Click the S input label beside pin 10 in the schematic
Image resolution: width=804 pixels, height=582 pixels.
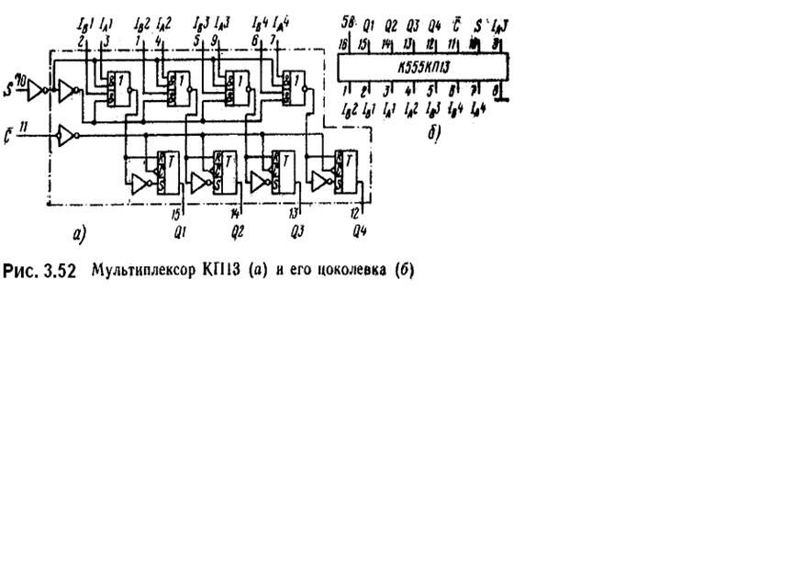(8, 89)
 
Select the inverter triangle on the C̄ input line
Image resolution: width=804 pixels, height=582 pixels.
(65, 136)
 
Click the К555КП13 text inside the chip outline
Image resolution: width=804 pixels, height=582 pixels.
(424, 68)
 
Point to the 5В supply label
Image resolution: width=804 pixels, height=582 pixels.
(346, 20)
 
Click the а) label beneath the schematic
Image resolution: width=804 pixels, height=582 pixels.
(75, 235)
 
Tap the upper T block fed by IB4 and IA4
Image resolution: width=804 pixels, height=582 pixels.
(294, 88)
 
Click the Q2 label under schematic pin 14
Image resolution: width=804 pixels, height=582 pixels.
(237, 230)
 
